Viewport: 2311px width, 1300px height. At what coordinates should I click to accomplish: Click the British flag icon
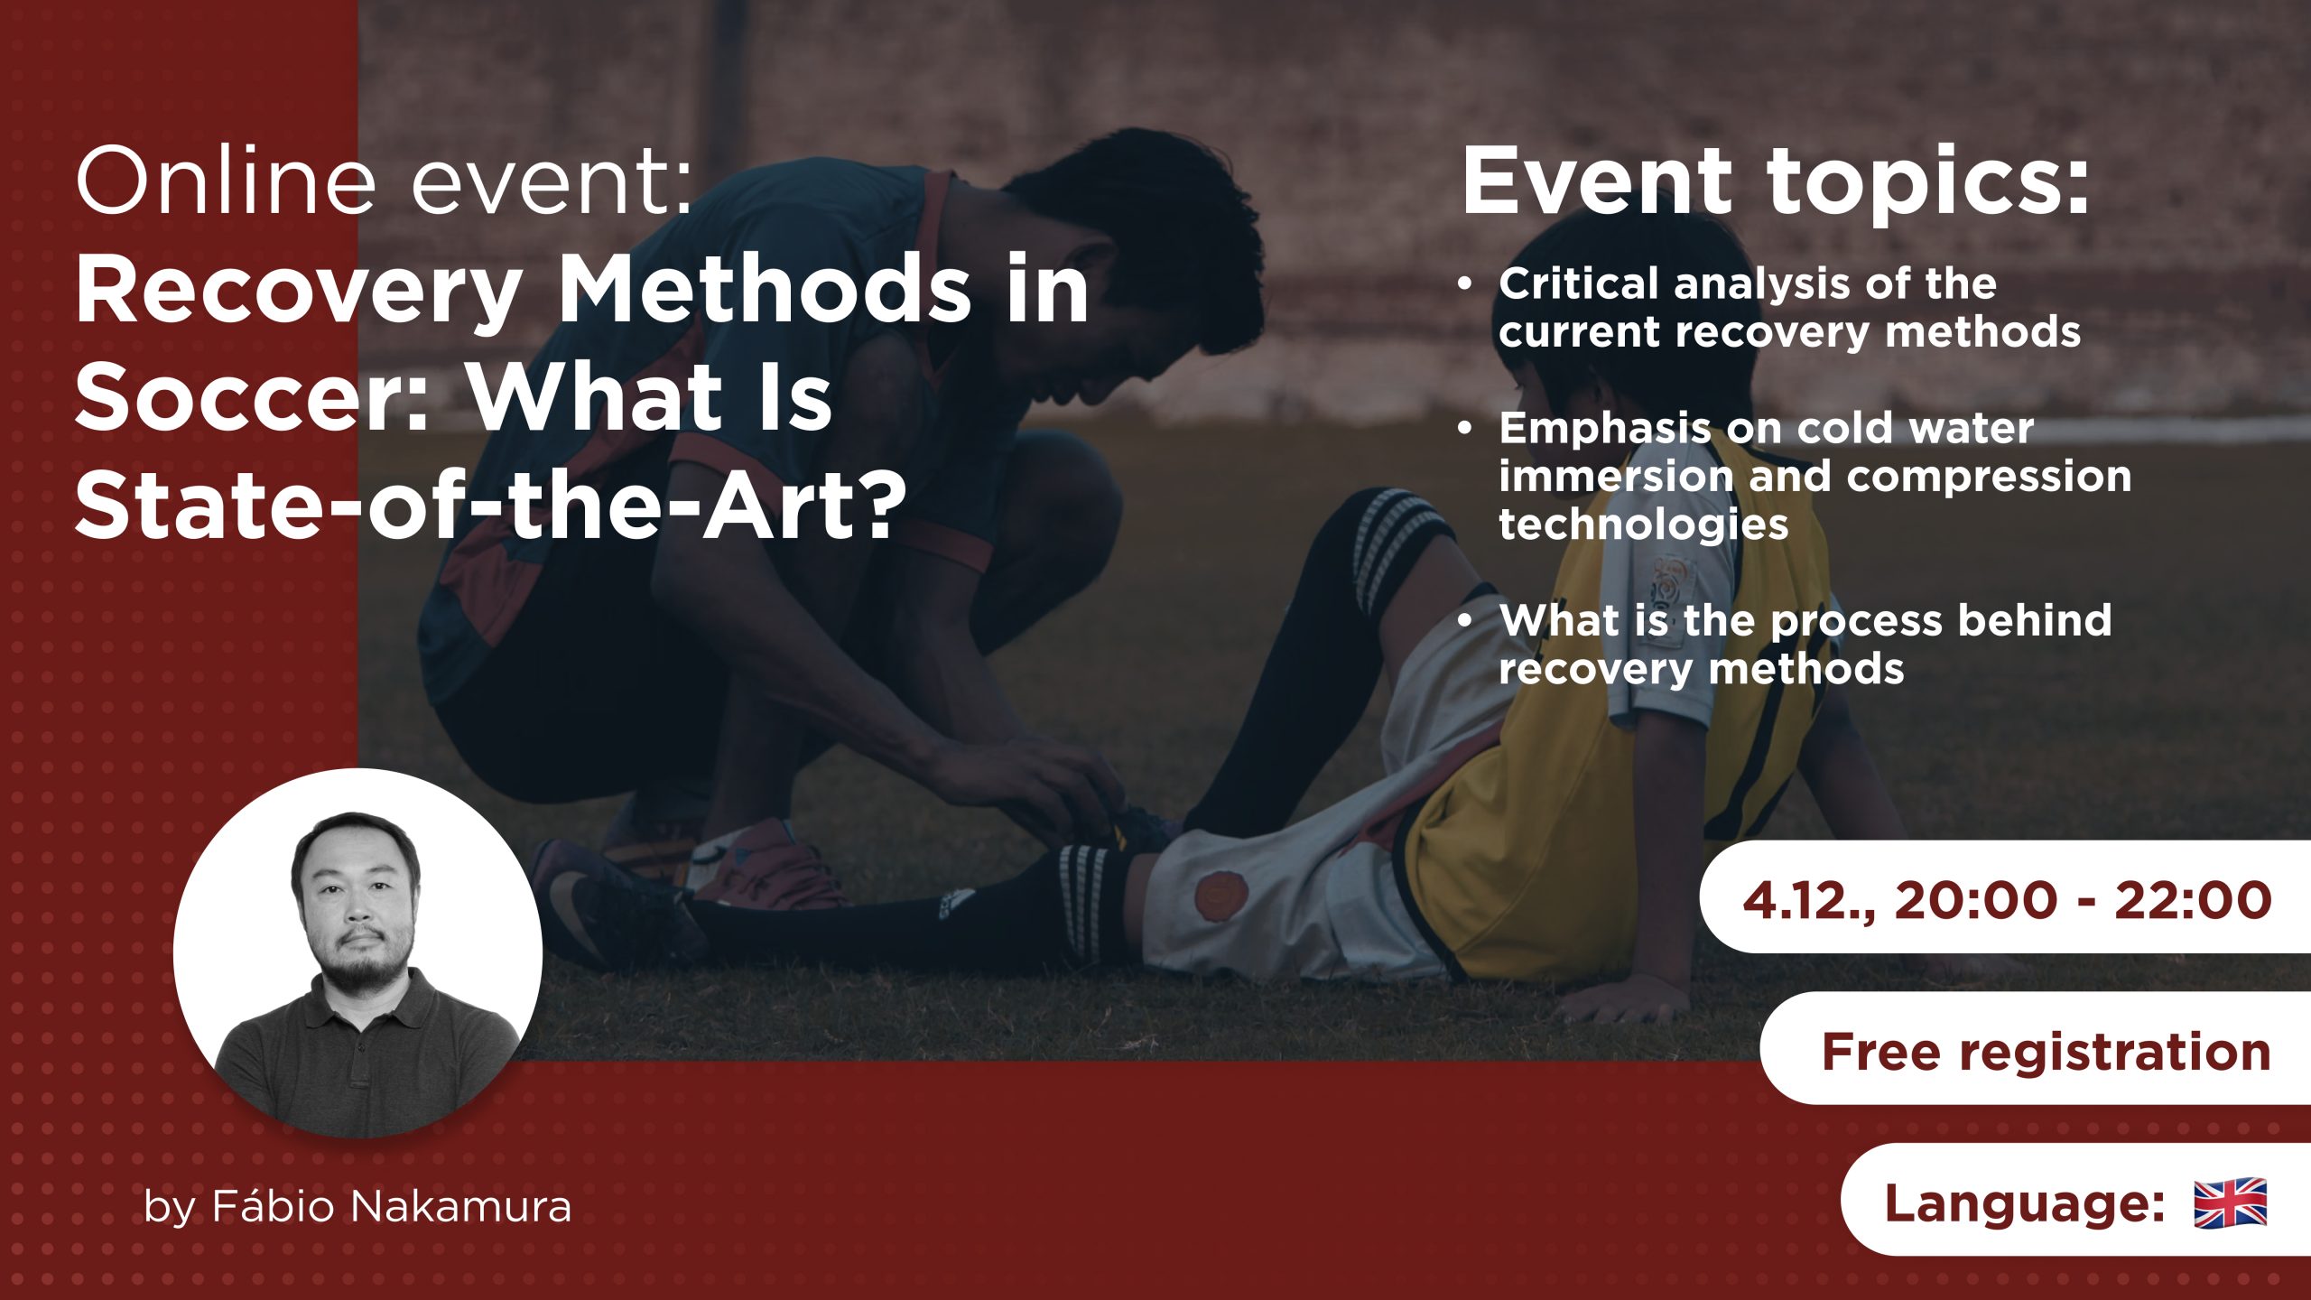(2230, 1202)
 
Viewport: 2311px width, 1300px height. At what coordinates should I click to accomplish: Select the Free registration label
(2046, 1052)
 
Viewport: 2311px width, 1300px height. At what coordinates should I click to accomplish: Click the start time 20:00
(1977, 900)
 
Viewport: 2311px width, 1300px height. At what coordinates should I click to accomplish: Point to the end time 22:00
(2193, 900)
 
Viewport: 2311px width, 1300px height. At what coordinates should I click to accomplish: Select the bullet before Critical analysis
(1464, 284)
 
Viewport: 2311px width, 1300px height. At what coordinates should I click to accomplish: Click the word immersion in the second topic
(1615, 476)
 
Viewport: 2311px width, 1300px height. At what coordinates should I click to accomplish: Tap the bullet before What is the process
(1464, 620)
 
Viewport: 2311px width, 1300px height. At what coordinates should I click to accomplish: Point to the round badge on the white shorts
(1216, 896)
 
